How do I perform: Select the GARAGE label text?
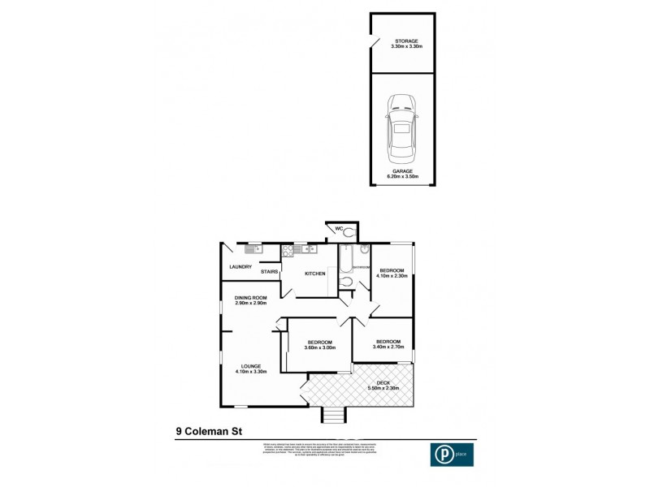402,171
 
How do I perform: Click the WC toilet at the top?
349,232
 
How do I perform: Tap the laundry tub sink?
253,249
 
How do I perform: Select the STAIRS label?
270,272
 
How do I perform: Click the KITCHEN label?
315,274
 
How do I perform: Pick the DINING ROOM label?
251,298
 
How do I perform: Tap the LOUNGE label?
251,367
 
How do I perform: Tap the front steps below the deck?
333,416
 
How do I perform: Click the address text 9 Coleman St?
210,433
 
